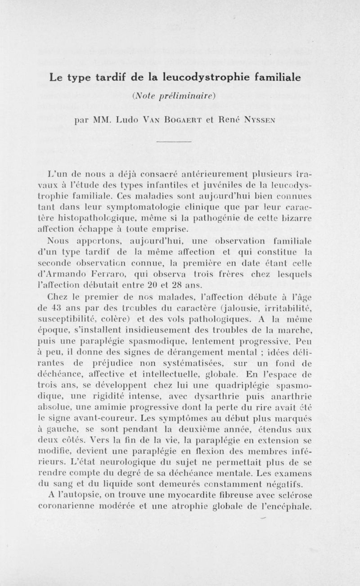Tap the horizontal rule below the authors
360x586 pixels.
(x=180, y=144)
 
